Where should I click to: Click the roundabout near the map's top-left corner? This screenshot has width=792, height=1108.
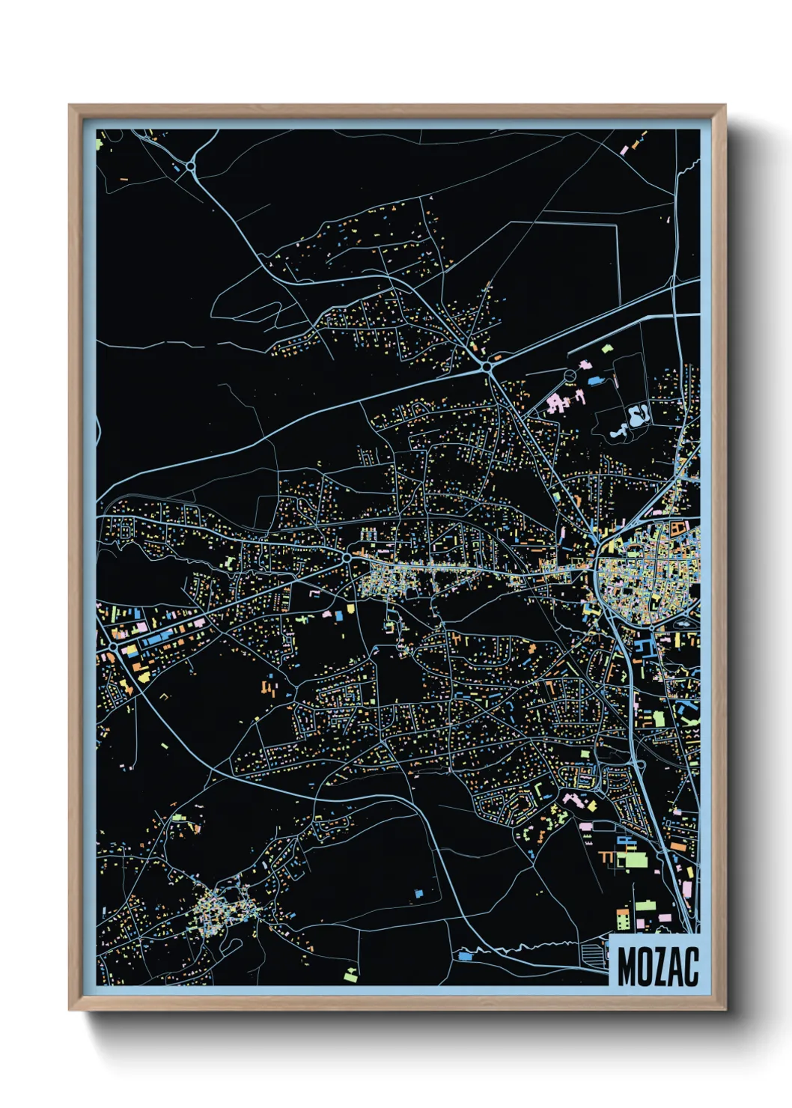pyautogui.click(x=191, y=165)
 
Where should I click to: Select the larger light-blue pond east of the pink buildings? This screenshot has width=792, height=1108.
pyautogui.click(x=638, y=415)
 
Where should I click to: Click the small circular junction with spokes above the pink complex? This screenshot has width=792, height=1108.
pyautogui.click(x=570, y=374)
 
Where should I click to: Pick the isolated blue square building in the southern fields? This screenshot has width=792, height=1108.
pyautogui.click(x=418, y=893)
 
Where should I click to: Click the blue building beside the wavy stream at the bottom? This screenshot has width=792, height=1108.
pyautogui.click(x=465, y=956)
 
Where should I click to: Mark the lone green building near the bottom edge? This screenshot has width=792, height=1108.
pyautogui.click(x=350, y=974)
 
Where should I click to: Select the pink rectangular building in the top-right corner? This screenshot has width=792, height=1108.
pyautogui.click(x=624, y=150)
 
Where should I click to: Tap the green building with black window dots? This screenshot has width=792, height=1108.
pyautogui.click(x=623, y=919)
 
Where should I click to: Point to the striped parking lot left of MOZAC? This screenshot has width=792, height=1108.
pyautogui.click(x=595, y=952)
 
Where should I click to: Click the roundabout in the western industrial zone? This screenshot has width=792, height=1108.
pyautogui.click(x=113, y=645)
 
